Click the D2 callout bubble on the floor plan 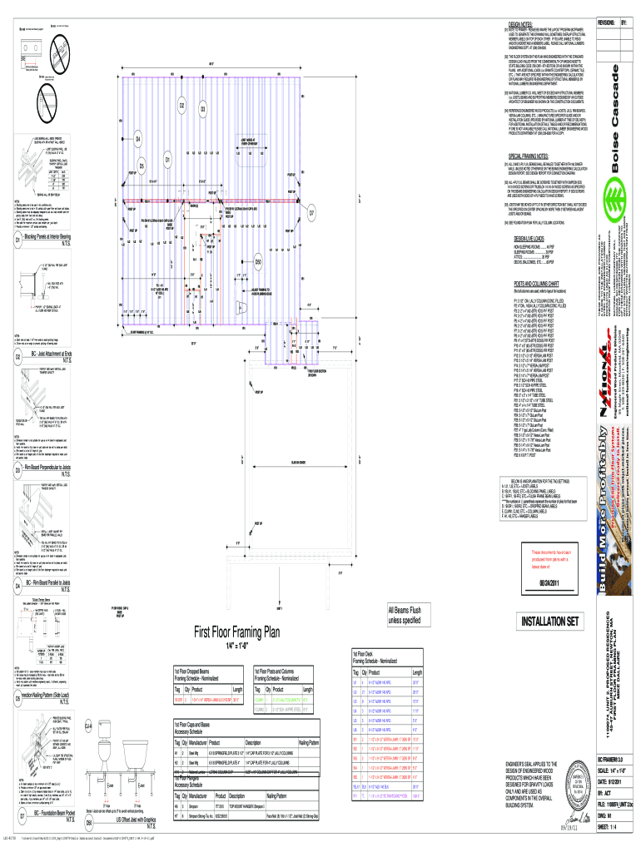pos(181,105)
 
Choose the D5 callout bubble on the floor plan pos(142,165)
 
